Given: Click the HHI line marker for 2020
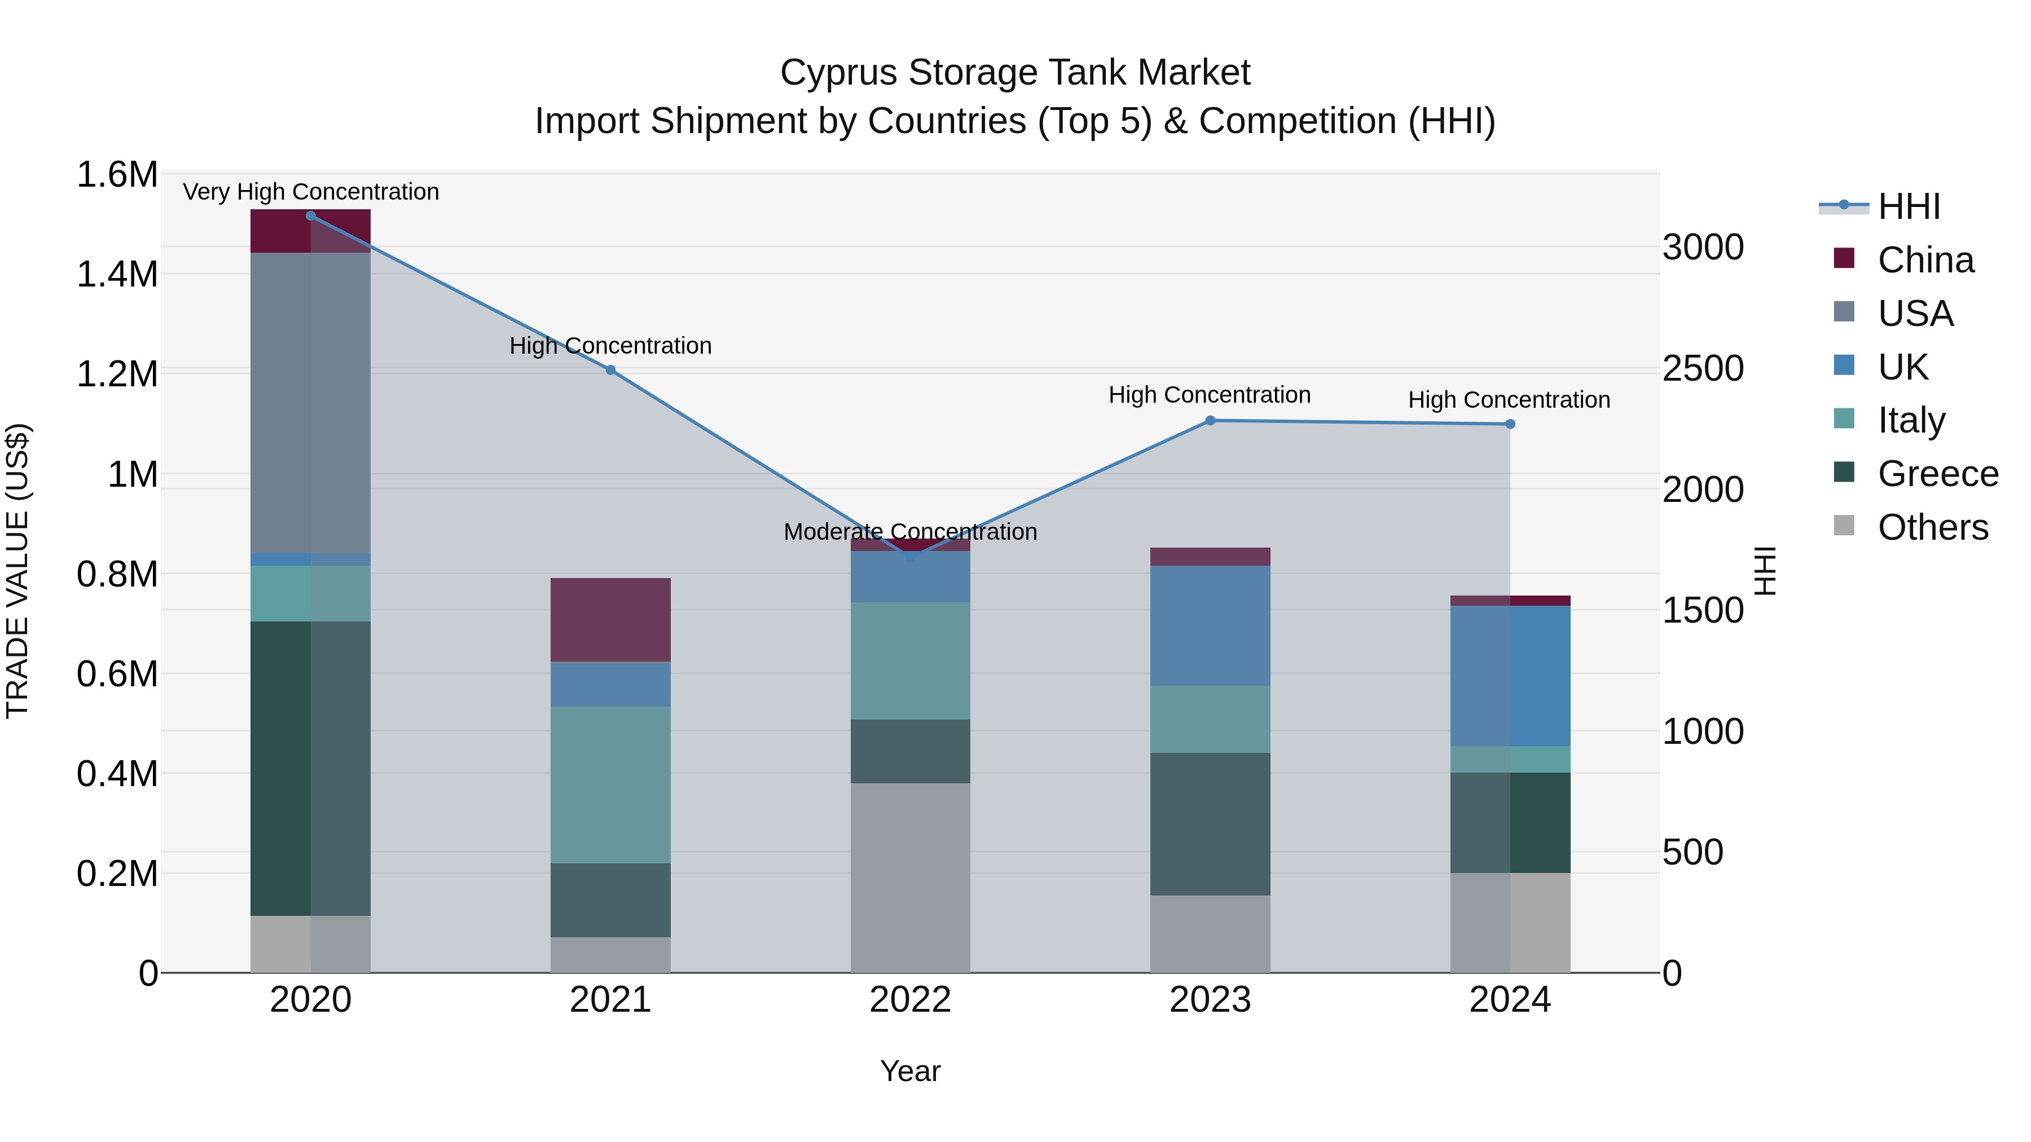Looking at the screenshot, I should pyautogui.click(x=311, y=216).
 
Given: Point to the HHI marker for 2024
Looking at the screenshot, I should pyautogui.click(x=1510, y=424).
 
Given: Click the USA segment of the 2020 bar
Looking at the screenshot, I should pyautogui.click(x=311, y=402).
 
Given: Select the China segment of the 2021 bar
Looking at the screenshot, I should pyautogui.click(x=610, y=619).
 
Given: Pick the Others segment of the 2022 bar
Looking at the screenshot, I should pyautogui.click(x=911, y=877).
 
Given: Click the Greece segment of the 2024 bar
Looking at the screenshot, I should pyautogui.click(x=1510, y=822).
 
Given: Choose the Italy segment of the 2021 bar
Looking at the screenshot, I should pyautogui.click(x=610, y=784).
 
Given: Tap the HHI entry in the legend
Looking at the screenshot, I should pyautogui.click(x=1908, y=206).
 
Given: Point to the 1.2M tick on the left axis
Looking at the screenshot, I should pyautogui.click(x=117, y=374).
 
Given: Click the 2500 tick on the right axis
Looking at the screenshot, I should pyautogui.click(x=1703, y=368).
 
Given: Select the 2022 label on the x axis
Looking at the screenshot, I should pyautogui.click(x=910, y=1000).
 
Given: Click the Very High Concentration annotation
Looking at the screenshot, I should pyautogui.click(x=311, y=192).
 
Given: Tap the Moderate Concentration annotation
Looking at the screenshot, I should pyautogui.click(x=910, y=532).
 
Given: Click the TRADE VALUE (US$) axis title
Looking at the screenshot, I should pyautogui.click(x=18, y=571).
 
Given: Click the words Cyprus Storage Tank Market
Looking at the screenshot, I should pyautogui.click(x=1015, y=73).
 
